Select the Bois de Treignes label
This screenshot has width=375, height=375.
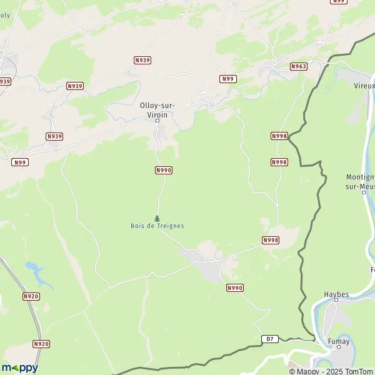pos(157,226)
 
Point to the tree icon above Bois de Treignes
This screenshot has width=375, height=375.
pos(157,217)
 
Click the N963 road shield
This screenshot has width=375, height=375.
pos(299,66)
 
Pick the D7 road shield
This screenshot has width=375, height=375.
pos(269,339)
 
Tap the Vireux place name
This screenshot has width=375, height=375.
pos(364,85)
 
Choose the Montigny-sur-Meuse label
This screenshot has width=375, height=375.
pos(361,181)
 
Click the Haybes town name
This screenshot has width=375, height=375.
pos(336,293)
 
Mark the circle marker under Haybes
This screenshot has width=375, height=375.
pos(336,300)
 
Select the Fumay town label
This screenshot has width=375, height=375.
pos(338,341)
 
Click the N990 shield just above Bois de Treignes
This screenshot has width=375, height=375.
pos(164,170)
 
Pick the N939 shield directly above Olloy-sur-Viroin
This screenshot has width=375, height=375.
pos(142,60)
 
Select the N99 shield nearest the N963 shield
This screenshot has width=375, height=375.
pos(228,78)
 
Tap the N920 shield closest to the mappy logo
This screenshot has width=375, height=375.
pos(41,344)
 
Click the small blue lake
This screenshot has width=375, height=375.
pos(34,271)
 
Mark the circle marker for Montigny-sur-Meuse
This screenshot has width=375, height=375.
pos(363,192)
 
